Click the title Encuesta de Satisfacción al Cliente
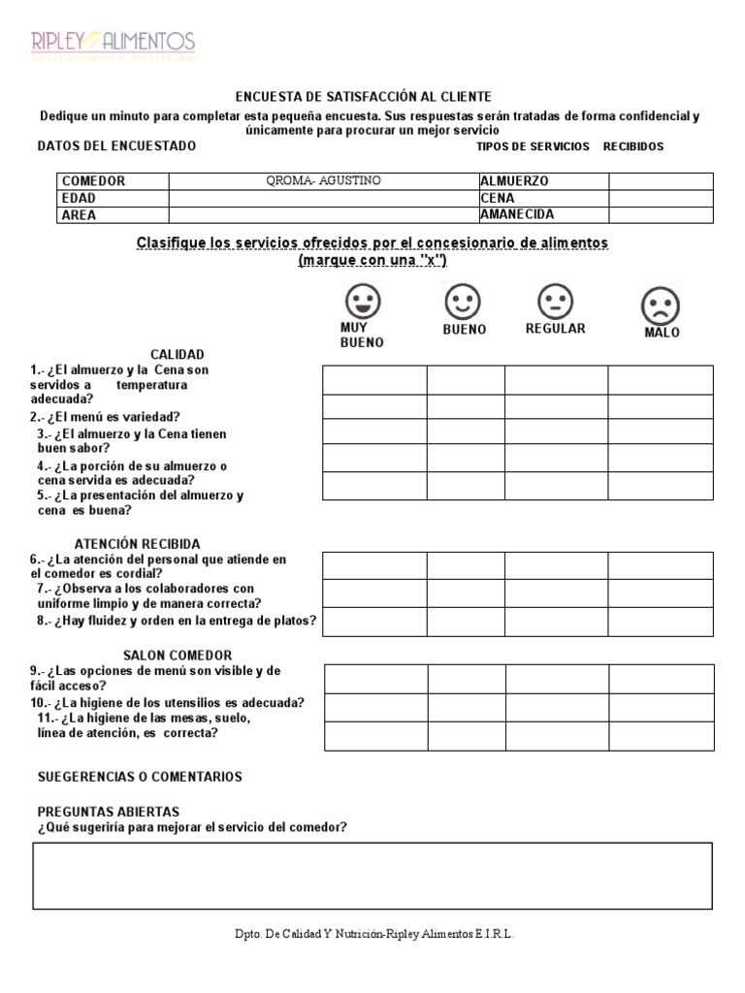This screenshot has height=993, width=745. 364,97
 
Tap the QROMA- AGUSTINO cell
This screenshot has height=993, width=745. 323,181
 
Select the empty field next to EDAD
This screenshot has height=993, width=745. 323,198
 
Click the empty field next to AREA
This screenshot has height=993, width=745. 323,215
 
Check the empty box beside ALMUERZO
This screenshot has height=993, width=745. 660,181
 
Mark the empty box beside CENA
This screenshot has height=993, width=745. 660,198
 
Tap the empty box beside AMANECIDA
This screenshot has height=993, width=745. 660,215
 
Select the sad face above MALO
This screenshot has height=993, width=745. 661,306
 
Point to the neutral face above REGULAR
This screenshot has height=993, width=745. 555,302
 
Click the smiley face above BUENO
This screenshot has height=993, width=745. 463,302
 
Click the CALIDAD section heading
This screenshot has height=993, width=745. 177,354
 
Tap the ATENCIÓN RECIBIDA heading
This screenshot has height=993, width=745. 138,543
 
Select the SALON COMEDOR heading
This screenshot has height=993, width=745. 178,656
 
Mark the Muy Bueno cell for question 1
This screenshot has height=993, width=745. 374,380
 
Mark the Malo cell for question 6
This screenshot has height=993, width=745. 661,565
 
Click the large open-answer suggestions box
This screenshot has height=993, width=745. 372,876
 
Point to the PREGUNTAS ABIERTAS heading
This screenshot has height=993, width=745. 108,811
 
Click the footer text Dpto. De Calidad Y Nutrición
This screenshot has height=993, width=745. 373,934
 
